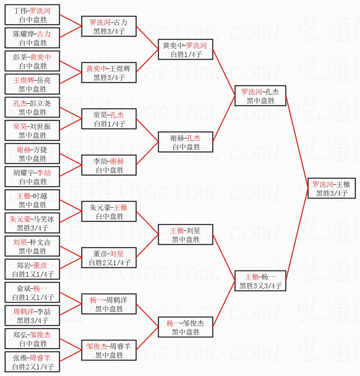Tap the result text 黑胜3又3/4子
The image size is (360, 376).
pos(260,286)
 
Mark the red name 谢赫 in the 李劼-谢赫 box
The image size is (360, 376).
pos(117,161)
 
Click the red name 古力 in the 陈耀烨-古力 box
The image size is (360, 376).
pos(44,34)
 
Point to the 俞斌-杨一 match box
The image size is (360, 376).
pos(33,293)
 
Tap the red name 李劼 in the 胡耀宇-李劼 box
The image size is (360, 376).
pos(44,173)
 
